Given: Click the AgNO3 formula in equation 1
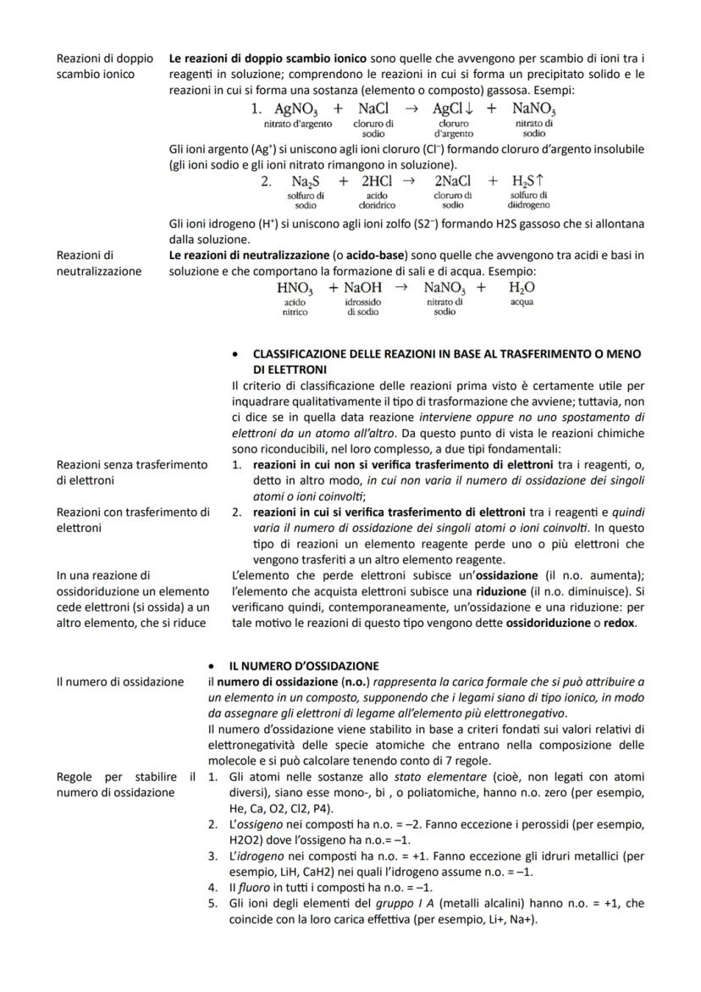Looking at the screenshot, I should click(296, 109).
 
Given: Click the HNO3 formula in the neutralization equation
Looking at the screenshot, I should click(295, 288).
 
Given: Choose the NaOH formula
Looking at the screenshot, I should click(363, 288).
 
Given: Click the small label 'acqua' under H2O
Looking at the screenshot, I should click(522, 302).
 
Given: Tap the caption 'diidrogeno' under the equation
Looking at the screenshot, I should click(528, 204).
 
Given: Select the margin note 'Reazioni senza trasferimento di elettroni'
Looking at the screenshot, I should click(130, 472).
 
